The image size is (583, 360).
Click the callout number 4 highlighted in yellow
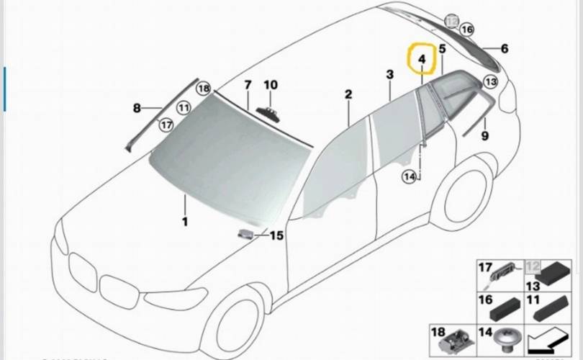(422, 60)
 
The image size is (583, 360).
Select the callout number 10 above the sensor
(270, 85)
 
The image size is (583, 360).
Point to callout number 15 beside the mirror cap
(277, 235)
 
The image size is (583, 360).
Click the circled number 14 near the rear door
(410, 176)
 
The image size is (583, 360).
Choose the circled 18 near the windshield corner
(203, 89)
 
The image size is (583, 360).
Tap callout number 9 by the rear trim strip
(484, 135)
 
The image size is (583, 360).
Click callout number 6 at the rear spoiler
(504, 49)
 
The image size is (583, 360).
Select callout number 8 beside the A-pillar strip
(136, 109)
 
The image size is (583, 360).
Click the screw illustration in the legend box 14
(505, 336)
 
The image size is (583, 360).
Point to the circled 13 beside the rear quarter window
(490, 82)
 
